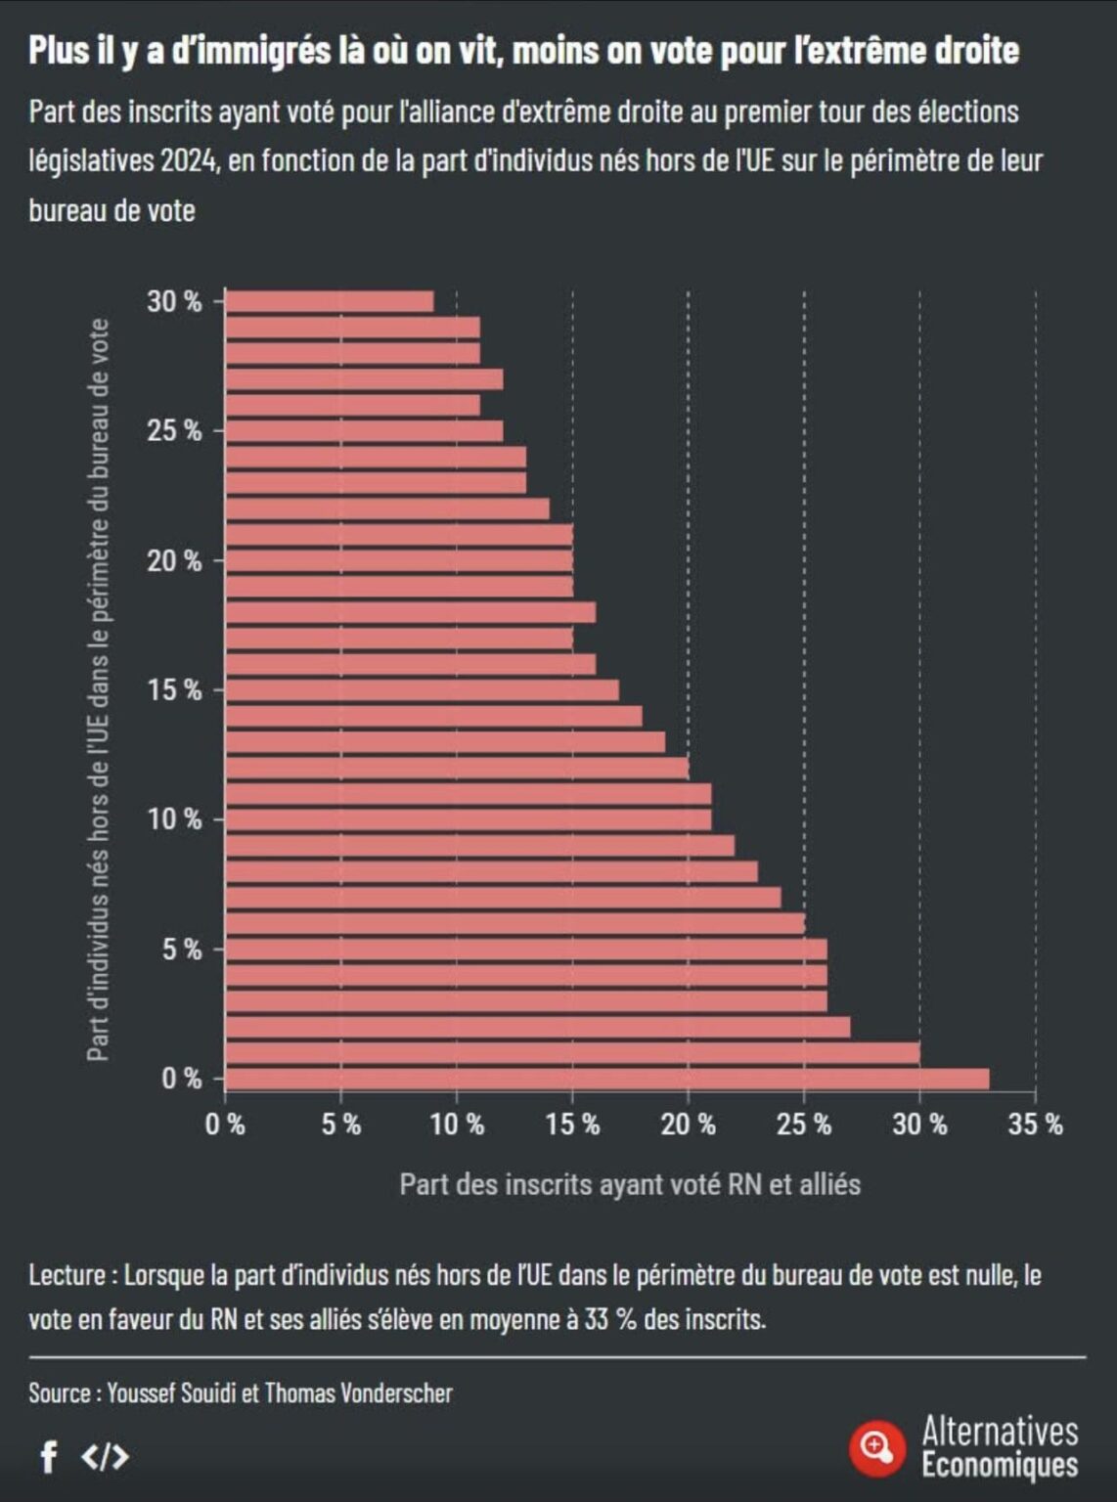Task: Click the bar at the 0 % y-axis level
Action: [606, 1079]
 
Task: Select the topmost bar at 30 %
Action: [330, 301]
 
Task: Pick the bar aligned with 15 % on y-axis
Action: [422, 690]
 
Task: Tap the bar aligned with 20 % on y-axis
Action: [399, 560]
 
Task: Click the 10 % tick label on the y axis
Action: [174, 819]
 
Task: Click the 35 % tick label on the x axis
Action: [1035, 1125]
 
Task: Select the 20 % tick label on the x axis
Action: [688, 1125]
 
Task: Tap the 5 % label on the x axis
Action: [340, 1125]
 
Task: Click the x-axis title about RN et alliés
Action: [630, 1184]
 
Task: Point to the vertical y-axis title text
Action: [98, 689]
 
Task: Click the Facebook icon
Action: [48, 1457]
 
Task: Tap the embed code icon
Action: [105, 1457]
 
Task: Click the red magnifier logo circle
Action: [876, 1446]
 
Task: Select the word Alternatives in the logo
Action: [1000, 1432]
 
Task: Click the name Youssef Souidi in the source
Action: [172, 1392]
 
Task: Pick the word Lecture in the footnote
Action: [67, 1275]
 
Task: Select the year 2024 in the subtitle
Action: [188, 160]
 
